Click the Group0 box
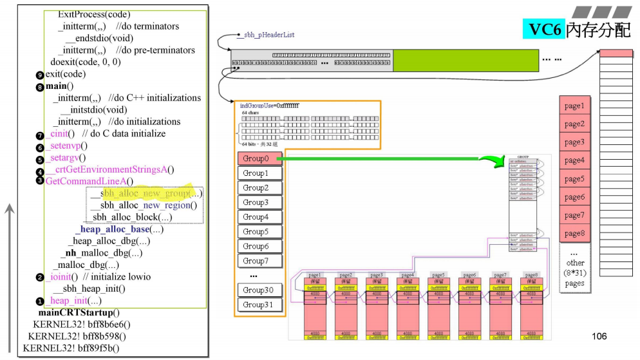tap(256, 158)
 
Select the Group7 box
tap(256, 261)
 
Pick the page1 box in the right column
tap(574, 106)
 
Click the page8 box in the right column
tap(574, 233)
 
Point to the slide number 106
tap(599, 336)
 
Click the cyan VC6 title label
tap(544, 28)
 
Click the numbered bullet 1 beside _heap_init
tap(40, 301)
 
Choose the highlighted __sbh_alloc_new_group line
tap(147, 193)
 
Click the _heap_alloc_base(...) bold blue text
tap(119, 229)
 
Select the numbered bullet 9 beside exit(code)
tap(40, 75)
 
